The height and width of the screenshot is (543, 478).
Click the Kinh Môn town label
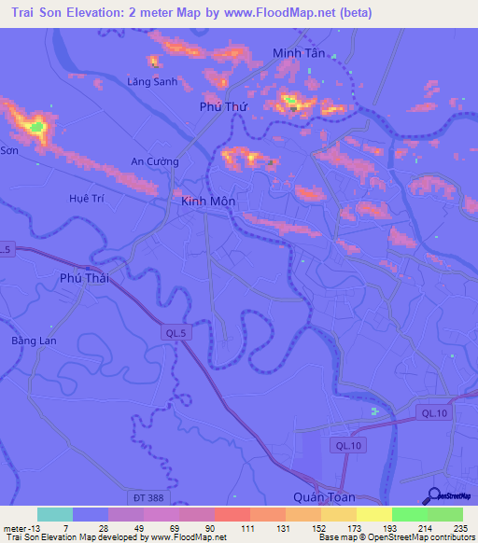pyautogui.click(x=208, y=202)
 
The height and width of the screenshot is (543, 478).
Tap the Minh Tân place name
pyautogui.click(x=299, y=53)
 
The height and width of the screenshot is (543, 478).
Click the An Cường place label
pyautogui.click(x=154, y=161)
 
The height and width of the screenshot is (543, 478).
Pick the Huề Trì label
pyautogui.click(x=85, y=198)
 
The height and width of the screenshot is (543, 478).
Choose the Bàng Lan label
pyautogui.click(x=34, y=341)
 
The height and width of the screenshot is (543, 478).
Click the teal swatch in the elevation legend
pyautogui.click(x=55, y=514)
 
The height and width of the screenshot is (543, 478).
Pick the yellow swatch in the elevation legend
pyautogui.click(x=374, y=514)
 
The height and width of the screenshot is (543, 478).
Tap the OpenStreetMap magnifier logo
pyautogui.click(x=433, y=495)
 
